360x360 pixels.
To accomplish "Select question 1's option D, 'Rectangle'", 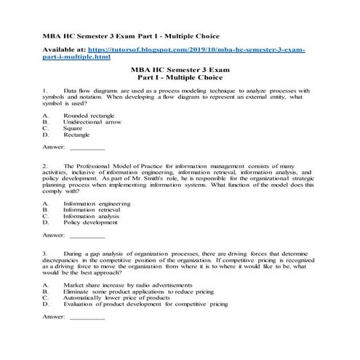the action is [77, 135].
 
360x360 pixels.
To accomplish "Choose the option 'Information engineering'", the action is [97, 204].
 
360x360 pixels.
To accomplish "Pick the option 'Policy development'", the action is [90, 223].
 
